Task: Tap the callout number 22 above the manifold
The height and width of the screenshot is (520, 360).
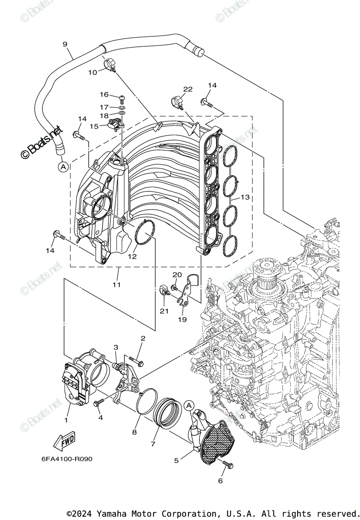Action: click(187, 89)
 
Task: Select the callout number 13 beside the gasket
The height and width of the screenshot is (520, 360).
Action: click(245, 197)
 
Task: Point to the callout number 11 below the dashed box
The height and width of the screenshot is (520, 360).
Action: click(117, 285)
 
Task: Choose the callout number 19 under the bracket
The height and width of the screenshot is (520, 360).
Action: click(182, 319)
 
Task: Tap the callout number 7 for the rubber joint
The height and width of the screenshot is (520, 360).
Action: click(152, 444)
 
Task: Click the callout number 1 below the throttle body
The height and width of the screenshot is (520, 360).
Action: click(66, 420)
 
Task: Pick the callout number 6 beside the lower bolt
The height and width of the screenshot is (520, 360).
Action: click(220, 481)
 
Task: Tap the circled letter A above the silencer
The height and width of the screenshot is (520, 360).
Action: click(188, 405)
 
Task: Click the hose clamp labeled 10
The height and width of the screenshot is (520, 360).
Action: click(110, 65)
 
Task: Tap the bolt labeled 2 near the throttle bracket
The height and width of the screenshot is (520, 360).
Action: click(137, 359)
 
